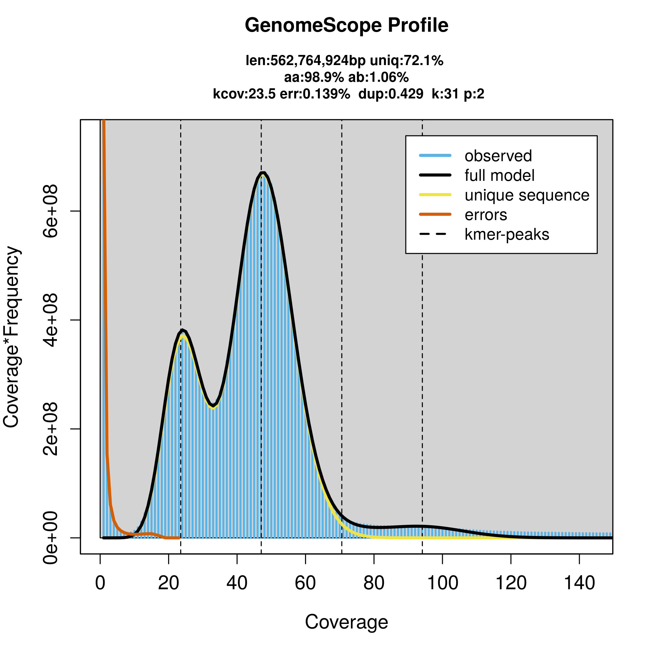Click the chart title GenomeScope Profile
point(346,26)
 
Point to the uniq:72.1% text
point(406,60)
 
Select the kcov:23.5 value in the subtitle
point(244,94)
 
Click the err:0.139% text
point(315,94)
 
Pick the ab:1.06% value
point(378,77)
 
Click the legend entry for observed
point(498,156)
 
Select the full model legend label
point(499,176)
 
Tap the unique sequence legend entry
point(527,195)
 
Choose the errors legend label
point(486,215)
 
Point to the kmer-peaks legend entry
point(507,234)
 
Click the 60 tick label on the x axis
point(305,583)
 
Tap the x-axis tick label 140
point(579,583)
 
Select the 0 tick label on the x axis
point(100,583)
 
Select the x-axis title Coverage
point(346,622)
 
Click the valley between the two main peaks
point(212,405)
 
